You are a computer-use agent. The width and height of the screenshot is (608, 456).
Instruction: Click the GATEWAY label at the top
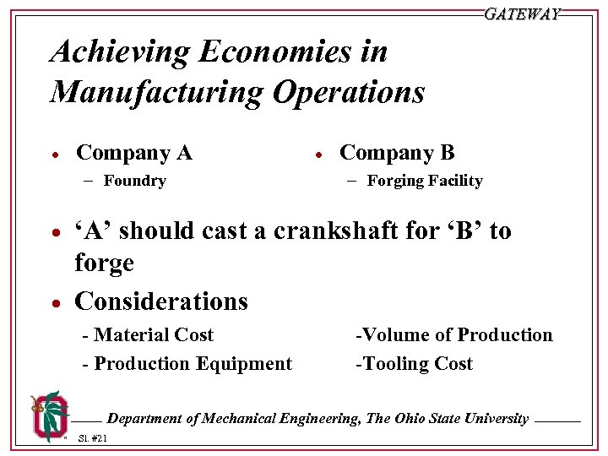tap(522, 14)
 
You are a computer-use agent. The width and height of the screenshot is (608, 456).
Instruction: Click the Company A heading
tap(134, 153)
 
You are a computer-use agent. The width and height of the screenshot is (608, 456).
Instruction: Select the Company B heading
tap(397, 153)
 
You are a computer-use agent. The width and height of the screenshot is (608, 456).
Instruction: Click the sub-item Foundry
tap(134, 181)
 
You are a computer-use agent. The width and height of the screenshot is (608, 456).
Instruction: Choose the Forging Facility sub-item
tap(425, 181)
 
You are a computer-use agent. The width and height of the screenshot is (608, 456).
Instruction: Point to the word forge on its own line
tap(104, 263)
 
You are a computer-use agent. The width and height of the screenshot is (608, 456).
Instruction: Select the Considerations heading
tap(161, 301)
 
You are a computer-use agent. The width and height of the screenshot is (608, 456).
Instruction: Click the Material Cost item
tap(149, 335)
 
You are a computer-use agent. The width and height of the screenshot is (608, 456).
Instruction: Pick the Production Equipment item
tap(187, 364)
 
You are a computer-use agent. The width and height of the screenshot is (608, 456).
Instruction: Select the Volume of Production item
tap(454, 335)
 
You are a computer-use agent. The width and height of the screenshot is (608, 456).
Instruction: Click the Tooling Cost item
tap(415, 364)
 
